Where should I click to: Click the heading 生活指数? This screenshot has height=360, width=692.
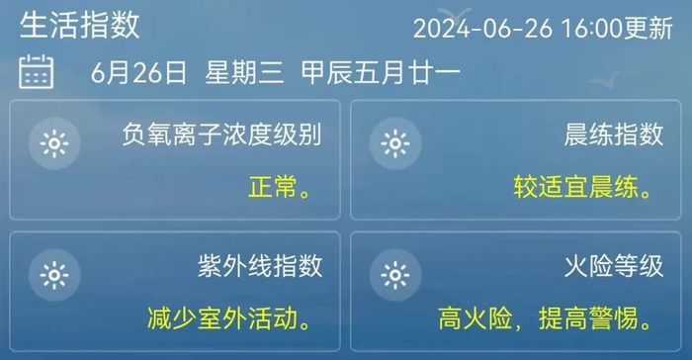(x=80, y=24)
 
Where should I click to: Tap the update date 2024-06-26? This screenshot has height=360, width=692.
(x=483, y=27)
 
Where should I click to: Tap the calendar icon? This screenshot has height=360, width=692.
(x=37, y=72)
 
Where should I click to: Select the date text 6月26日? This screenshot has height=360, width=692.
(x=138, y=72)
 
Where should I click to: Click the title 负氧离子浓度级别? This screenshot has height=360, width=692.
(x=222, y=135)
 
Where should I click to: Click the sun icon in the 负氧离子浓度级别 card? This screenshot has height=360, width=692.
(x=52, y=144)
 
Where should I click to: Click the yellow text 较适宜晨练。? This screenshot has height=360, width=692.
(x=588, y=187)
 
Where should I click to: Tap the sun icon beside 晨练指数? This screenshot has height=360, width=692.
(x=395, y=144)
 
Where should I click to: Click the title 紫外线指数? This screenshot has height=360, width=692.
(x=259, y=266)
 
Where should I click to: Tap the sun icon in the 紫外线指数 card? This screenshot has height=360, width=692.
(x=52, y=274)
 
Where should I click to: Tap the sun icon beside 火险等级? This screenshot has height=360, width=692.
(x=395, y=274)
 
